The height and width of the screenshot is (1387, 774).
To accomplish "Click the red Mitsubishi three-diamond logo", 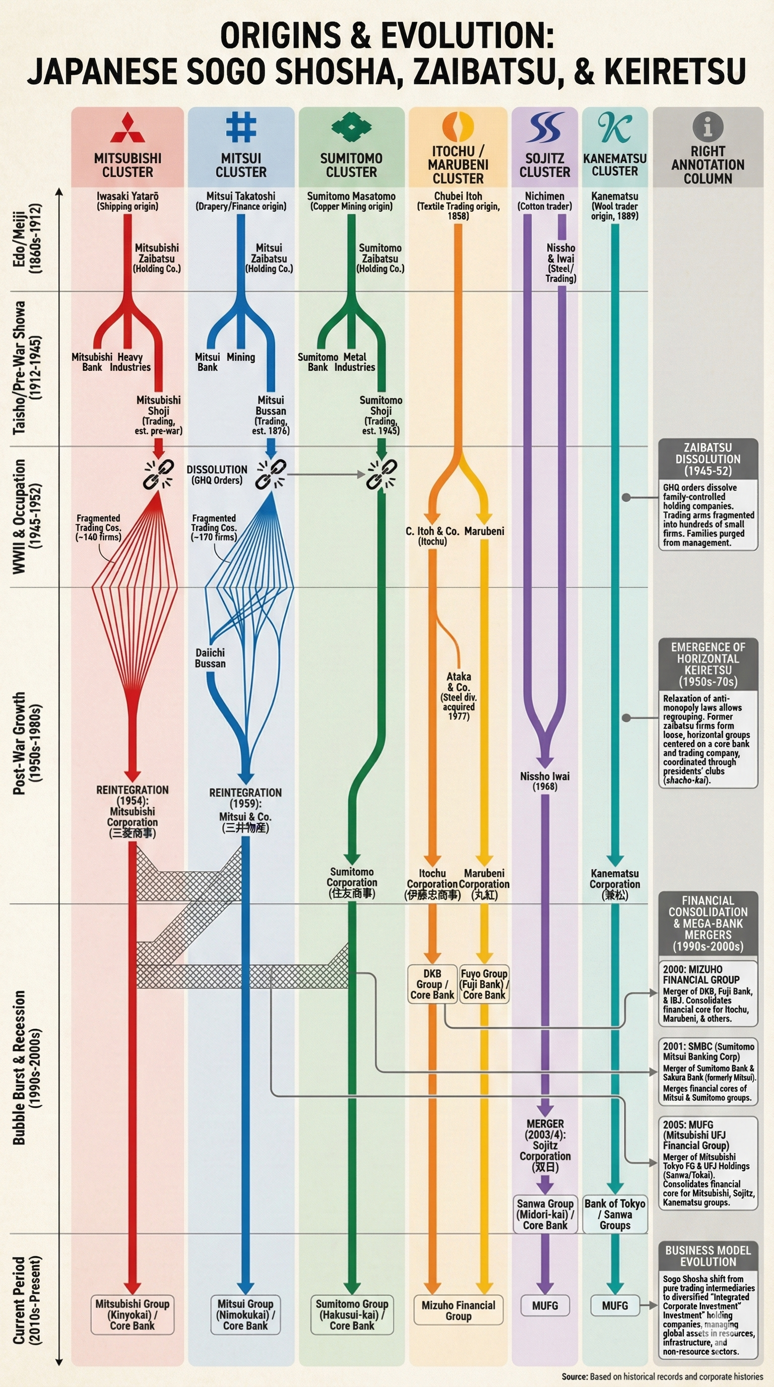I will (127, 128).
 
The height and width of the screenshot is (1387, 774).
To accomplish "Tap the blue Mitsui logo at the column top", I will (240, 127).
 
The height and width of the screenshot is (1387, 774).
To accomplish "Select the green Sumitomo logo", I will (352, 128).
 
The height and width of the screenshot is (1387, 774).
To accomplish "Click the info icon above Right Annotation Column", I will (707, 127).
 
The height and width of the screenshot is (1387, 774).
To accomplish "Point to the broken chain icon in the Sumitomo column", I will (381, 474).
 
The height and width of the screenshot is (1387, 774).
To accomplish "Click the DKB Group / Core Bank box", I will (432, 984).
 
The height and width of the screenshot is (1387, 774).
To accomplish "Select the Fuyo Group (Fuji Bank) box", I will (484, 984).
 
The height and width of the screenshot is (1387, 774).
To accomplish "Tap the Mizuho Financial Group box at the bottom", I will (458, 1310).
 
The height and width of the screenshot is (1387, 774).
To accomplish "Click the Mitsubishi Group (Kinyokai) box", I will (133, 1314).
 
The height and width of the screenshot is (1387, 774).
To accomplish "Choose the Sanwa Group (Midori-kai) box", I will (545, 1214).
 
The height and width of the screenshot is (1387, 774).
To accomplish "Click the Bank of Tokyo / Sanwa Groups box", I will (615, 1214).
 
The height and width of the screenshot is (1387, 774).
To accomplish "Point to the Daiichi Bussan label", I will (210, 658).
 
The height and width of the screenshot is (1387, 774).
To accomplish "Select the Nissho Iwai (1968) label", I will (545, 781).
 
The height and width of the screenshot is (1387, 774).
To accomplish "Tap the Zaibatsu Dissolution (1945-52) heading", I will (708, 459).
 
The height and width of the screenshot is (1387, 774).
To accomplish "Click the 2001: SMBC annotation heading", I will (708, 1051).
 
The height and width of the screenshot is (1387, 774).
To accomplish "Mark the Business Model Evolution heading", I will (708, 1255).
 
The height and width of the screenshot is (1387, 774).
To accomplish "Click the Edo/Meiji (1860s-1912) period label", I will (27, 238).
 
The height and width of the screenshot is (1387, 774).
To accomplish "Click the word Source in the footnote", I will (574, 1376).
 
